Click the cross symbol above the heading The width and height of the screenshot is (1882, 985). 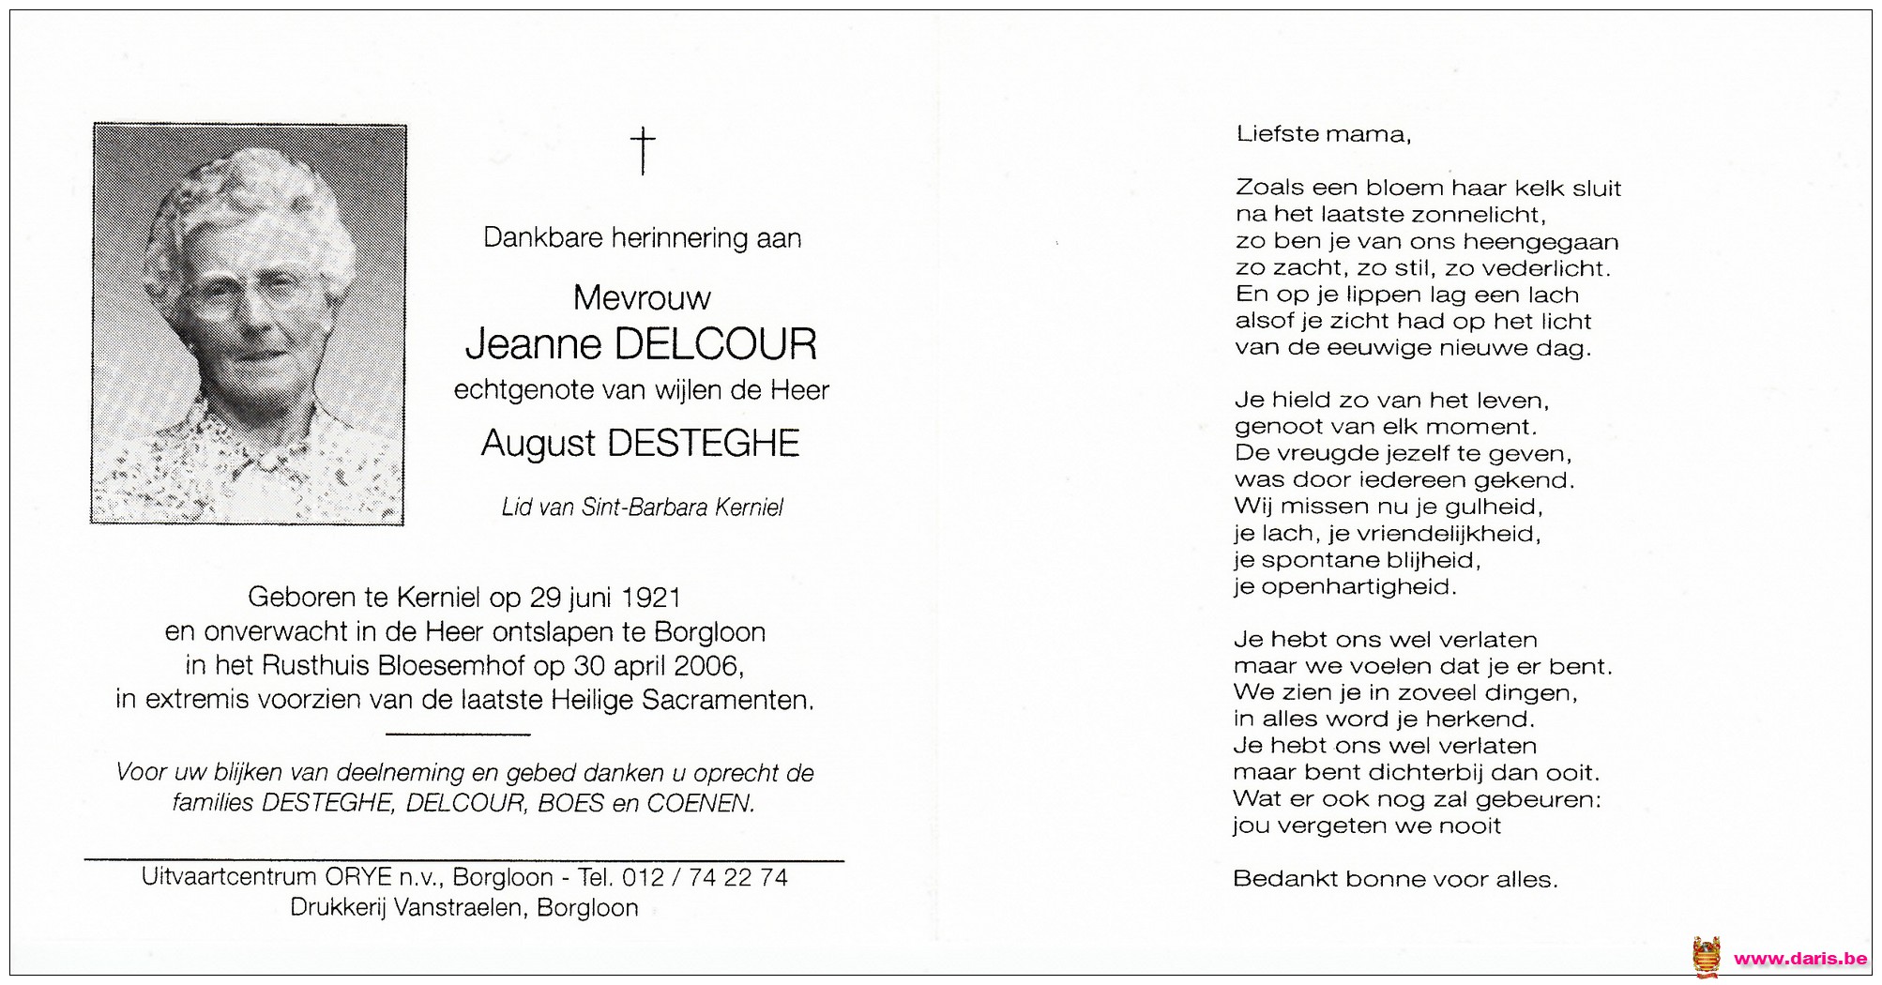coord(643,151)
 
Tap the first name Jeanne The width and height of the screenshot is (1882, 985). coord(534,344)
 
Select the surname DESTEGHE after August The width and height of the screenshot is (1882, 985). coord(704,444)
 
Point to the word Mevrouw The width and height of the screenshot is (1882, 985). coord(642,298)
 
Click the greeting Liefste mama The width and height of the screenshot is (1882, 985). coord(1323,134)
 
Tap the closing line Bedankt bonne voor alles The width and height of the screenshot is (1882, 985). coord(1394,879)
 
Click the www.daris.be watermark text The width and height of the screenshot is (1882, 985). coord(1799,958)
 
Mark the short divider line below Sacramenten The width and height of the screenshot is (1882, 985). coord(458,734)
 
